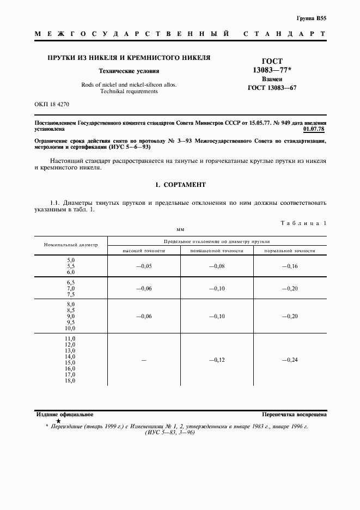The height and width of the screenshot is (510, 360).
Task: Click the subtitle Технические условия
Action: click(129, 71)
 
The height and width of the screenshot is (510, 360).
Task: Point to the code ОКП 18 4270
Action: click(52, 104)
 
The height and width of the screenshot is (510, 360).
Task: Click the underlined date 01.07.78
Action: click(314, 130)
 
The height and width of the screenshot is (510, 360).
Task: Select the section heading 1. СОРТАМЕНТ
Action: click(180, 185)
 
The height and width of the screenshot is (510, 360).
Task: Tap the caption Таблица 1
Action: click(303, 223)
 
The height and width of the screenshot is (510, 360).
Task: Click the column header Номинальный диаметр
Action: click(71, 245)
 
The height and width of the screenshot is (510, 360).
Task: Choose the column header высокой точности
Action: click(144, 250)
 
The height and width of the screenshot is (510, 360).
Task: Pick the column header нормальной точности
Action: click(290, 250)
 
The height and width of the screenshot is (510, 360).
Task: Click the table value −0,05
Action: click(144, 266)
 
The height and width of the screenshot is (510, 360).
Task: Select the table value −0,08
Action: click(217, 266)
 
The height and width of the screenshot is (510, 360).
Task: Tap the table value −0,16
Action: click(290, 266)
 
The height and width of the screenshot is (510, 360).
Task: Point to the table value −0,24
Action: click(290, 360)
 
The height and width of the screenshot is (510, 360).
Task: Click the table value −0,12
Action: click(217, 360)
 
